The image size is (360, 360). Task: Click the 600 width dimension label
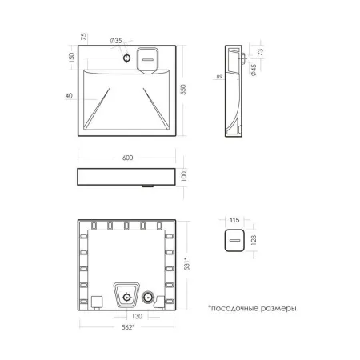pyautogui.click(x=127, y=158)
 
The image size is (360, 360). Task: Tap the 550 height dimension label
pyautogui.click(x=183, y=90)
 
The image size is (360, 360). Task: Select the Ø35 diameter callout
pyautogui.click(x=116, y=41)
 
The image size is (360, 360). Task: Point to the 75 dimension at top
pyautogui.click(x=83, y=37)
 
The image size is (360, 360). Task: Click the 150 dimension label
pyautogui.click(x=71, y=58)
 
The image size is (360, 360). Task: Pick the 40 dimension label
pyautogui.click(x=69, y=95)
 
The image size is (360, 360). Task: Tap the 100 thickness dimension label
pyautogui.click(x=183, y=176)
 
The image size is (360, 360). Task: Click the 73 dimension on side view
pyautogui.click(x=261, y=52)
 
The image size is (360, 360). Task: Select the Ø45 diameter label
pyautogui.click(x=254, y=70)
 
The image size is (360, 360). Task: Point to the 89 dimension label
pyautogui.click(x=219, y=77)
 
